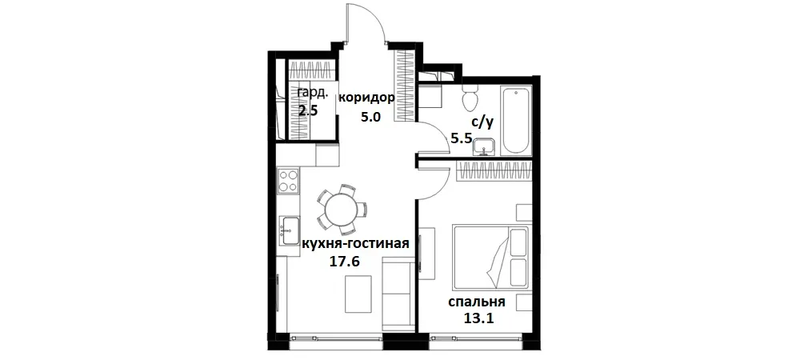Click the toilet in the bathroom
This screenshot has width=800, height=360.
[x=470, y=99]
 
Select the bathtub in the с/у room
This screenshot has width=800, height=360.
[x=514, y=121]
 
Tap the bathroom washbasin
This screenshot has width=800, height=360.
[x=483, y=146]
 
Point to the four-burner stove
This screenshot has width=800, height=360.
[x=287, y=182]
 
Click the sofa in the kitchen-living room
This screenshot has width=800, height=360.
[x=397, y=294]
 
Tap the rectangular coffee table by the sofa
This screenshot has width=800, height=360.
[x=358, y=294]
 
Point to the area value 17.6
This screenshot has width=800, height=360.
[x=345, y=260]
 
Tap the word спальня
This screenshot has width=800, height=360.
[x=476, y=302]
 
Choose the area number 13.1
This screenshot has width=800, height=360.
[x=478, y=318]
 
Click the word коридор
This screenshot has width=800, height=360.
[x=366, y=98]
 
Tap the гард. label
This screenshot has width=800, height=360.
[x=313, y=93]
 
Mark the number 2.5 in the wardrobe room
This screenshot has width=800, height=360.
[x=308, y=110]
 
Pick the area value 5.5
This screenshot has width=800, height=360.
[x=462, y=138]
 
